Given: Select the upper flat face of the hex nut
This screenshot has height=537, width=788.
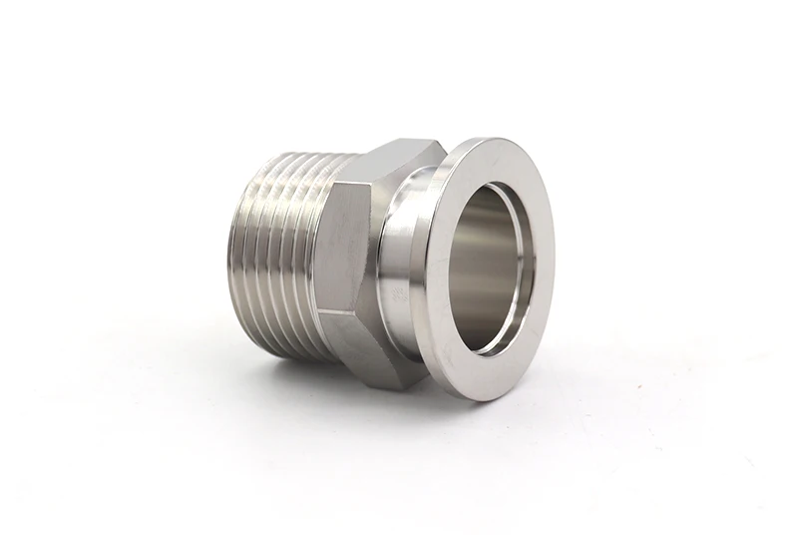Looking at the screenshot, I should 399,160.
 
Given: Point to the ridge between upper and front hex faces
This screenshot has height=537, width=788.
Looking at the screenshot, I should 344,185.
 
